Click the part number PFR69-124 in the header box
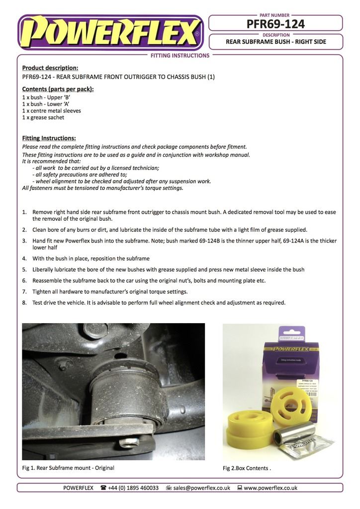pyautogui.click(x=275, y=23)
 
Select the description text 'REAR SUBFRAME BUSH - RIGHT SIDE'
pyautogui.click(x=276, y=42)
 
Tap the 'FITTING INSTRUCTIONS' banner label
pyautogui.click(x=180, y=56)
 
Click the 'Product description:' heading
pyautogui.click(x=50, y=68)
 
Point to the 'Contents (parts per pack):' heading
pyautogui.click(x=58, y=89)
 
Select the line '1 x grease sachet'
pyautogui.click(x=43, y=117)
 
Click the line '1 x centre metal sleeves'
pyautogui.click(x=52, y=111)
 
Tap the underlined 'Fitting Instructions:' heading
pyautogui.click(x=49, y=138)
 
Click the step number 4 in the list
pyautogui.click(x=24, y=258)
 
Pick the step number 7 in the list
pyautogui.click(x=24, y=291)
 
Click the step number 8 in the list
pyautogui.click(x=24, y=302)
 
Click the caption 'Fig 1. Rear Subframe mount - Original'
pyautogui.click(x=68, y=468)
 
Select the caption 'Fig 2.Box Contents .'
pyautogui.click(x=247, y=468)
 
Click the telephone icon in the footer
pyautogui.click(x=103, y=488)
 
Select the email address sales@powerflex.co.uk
pyautogui.click(x=201, y=488)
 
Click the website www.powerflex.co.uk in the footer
pyautogui.click(x=270, y=488)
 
